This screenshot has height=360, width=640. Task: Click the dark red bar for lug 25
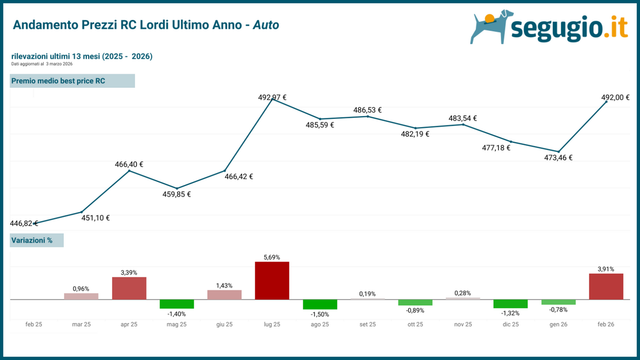tap(272, 281)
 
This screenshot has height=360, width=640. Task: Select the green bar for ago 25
tap(320, 305)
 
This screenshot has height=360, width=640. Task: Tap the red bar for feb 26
tap(606, 286)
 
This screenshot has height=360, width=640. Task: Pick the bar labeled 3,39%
tap(129, 288)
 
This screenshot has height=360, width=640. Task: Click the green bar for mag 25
tap(177, 304)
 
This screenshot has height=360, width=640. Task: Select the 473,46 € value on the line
tap(558, 158)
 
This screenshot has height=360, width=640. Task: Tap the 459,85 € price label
tap(177, 194)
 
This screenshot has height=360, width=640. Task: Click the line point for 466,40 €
tap(129, 171)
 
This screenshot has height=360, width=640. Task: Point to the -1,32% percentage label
tap(510, 313)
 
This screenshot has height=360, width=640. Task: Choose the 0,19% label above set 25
tap(367, 294)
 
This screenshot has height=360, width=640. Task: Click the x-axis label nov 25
tap(463, 324)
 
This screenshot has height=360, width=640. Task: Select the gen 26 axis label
tap(558, 324)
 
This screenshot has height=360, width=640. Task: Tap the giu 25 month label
tap(225, 324)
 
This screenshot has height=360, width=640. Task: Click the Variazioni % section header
tap(37, 241)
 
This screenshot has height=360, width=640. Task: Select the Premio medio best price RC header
tap(73, 81)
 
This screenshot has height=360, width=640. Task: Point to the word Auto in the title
tap(266, 25)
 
